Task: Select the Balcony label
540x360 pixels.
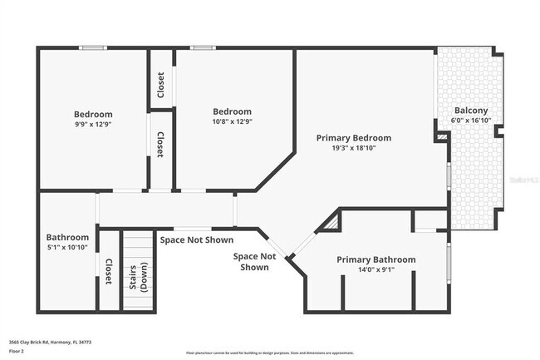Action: coord(470,111)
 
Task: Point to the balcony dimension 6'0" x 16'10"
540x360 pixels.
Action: coord(470,121)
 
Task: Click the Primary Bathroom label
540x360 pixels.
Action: coord(376,260)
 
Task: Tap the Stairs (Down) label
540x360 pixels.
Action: coord(138,284)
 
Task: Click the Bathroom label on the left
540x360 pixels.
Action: coord(67,236)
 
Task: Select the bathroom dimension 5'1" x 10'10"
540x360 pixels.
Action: coord(67,247)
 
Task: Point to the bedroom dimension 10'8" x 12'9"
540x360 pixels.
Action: coord(232,121)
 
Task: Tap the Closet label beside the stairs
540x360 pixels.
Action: coord(109,271)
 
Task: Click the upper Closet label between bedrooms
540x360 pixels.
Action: coord(161,84)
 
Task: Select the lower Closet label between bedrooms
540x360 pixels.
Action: coord(161,145)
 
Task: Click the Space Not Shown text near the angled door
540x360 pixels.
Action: coord(255,262)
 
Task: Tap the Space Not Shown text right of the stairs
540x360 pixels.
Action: coord(196,239)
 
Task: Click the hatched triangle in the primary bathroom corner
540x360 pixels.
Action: coord(331,223)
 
